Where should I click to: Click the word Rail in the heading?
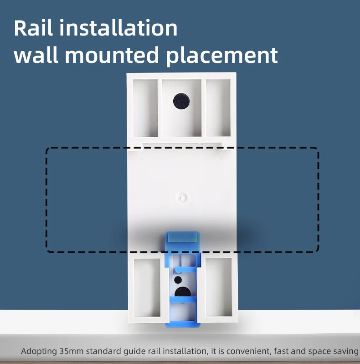coord(33,28)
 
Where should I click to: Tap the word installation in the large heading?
coord(118,28)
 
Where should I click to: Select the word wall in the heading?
coord(36,55)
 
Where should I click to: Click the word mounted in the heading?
coord(112,55)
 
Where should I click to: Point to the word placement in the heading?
coord(222,56)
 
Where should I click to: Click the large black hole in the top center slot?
coord(181,101)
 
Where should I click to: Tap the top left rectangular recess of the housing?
coord(145,108)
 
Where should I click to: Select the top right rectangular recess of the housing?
coord(218,108)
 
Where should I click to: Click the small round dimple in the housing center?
coord(182,198)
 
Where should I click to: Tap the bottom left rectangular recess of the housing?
coord(147,287)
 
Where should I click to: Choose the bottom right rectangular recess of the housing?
coord(219,287)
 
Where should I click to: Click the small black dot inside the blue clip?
coord(178,280)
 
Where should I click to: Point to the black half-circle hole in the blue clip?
coord(183,292)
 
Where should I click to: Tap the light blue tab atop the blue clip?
coord(182,237)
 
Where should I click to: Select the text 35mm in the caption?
coord(71,351)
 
